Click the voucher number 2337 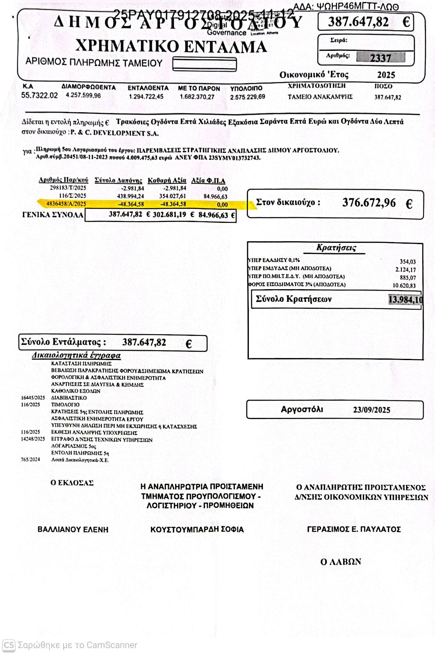380,58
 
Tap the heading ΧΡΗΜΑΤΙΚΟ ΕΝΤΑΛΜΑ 171,46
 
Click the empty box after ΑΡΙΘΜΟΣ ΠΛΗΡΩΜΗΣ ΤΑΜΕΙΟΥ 205,64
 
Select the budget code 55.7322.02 39,95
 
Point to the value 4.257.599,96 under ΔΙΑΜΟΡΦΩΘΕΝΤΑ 83,95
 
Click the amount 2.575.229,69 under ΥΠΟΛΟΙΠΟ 247,97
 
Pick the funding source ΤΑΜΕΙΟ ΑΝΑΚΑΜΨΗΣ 320,97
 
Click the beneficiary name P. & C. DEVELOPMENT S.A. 114,133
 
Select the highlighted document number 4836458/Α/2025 66,204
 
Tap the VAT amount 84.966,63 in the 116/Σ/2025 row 215,197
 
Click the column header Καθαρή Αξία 167,180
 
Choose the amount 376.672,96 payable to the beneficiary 369,203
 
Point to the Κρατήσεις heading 336,247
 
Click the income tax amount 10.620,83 404,286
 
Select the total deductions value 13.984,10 405,299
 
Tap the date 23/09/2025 371,410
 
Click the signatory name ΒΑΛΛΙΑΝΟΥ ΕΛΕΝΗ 73,529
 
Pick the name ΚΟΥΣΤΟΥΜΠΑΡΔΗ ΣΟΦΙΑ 197,529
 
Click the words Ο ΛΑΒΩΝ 341,562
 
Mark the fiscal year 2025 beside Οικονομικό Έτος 386,75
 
